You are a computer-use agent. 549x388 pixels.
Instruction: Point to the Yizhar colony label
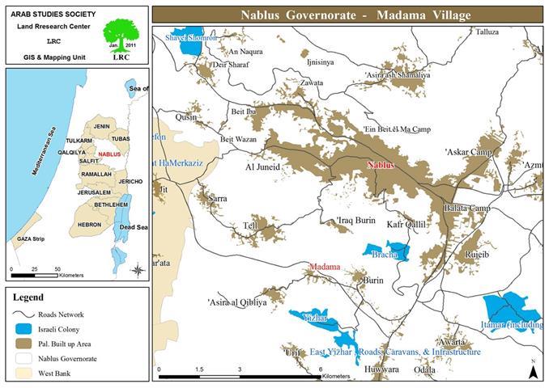coord(313,318)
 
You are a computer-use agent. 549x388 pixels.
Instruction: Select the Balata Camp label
coord(467,209)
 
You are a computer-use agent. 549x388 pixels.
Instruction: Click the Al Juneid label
coord(262,168)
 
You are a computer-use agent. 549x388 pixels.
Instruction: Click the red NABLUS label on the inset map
coord(109,154)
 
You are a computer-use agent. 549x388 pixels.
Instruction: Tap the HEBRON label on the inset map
coord(89,225)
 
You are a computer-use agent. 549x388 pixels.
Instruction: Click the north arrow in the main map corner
coord(533,369)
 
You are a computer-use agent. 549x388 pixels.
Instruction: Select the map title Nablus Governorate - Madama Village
coord(349,15)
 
